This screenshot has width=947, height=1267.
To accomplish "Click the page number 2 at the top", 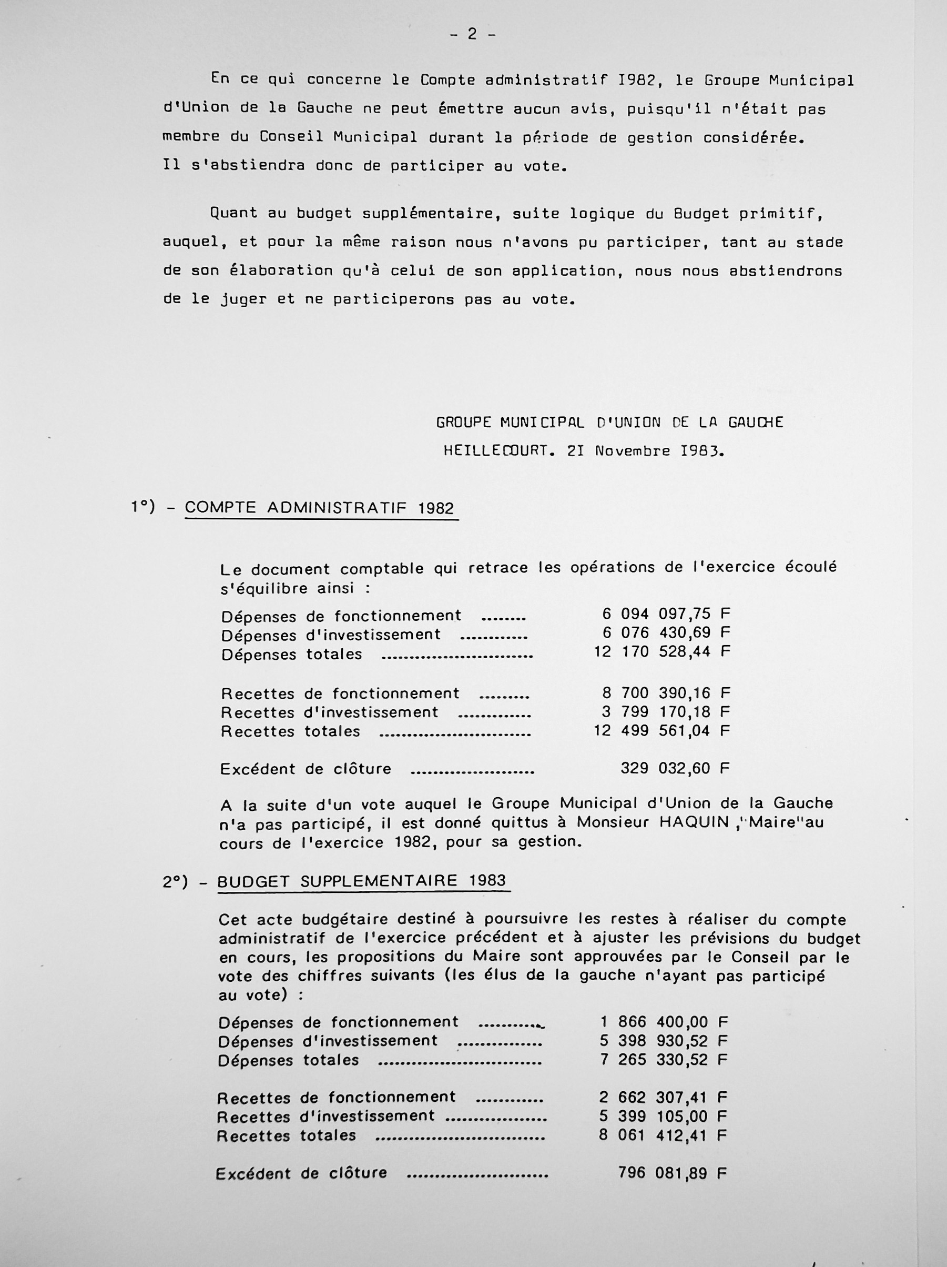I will click(472, 34).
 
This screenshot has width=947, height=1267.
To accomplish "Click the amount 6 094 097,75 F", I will click(666, 614).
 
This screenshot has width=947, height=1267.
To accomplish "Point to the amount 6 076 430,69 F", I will click(666, 633).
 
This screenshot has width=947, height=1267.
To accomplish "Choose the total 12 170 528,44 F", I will click(662, 652).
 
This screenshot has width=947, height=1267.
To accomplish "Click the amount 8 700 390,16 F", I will click(666, 693).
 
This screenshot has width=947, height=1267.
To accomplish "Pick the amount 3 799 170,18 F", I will click(666, 712).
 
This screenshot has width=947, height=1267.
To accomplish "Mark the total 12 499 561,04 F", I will click(662, 731).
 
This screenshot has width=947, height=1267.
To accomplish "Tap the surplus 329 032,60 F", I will click(675, 768).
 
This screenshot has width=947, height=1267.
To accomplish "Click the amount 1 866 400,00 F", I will click(664, 1022).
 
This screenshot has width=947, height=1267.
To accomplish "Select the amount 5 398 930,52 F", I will click(664, 1041).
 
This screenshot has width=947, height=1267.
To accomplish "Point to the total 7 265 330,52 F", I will click(664, 1060).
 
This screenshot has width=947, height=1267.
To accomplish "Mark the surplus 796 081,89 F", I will click(672, 1173).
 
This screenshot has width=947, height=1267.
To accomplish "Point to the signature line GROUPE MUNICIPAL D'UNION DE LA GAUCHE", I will click(610, 422).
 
